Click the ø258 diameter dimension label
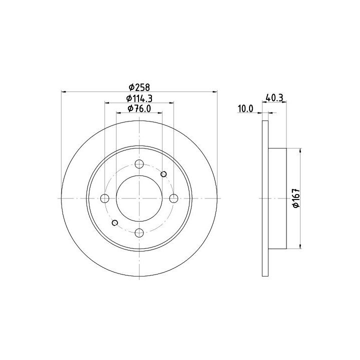click(139, 87)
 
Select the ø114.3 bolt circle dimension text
click(139, 98)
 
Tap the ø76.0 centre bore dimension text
click(139, 108)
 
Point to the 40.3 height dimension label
click(274, 98)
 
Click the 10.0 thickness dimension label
click(245, 108)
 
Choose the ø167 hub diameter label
click(296, 198)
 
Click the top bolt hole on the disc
click(139, 164)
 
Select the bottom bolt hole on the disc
click(139, 233)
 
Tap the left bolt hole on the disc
click(104, 198)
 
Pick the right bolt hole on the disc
click(173, 198)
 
